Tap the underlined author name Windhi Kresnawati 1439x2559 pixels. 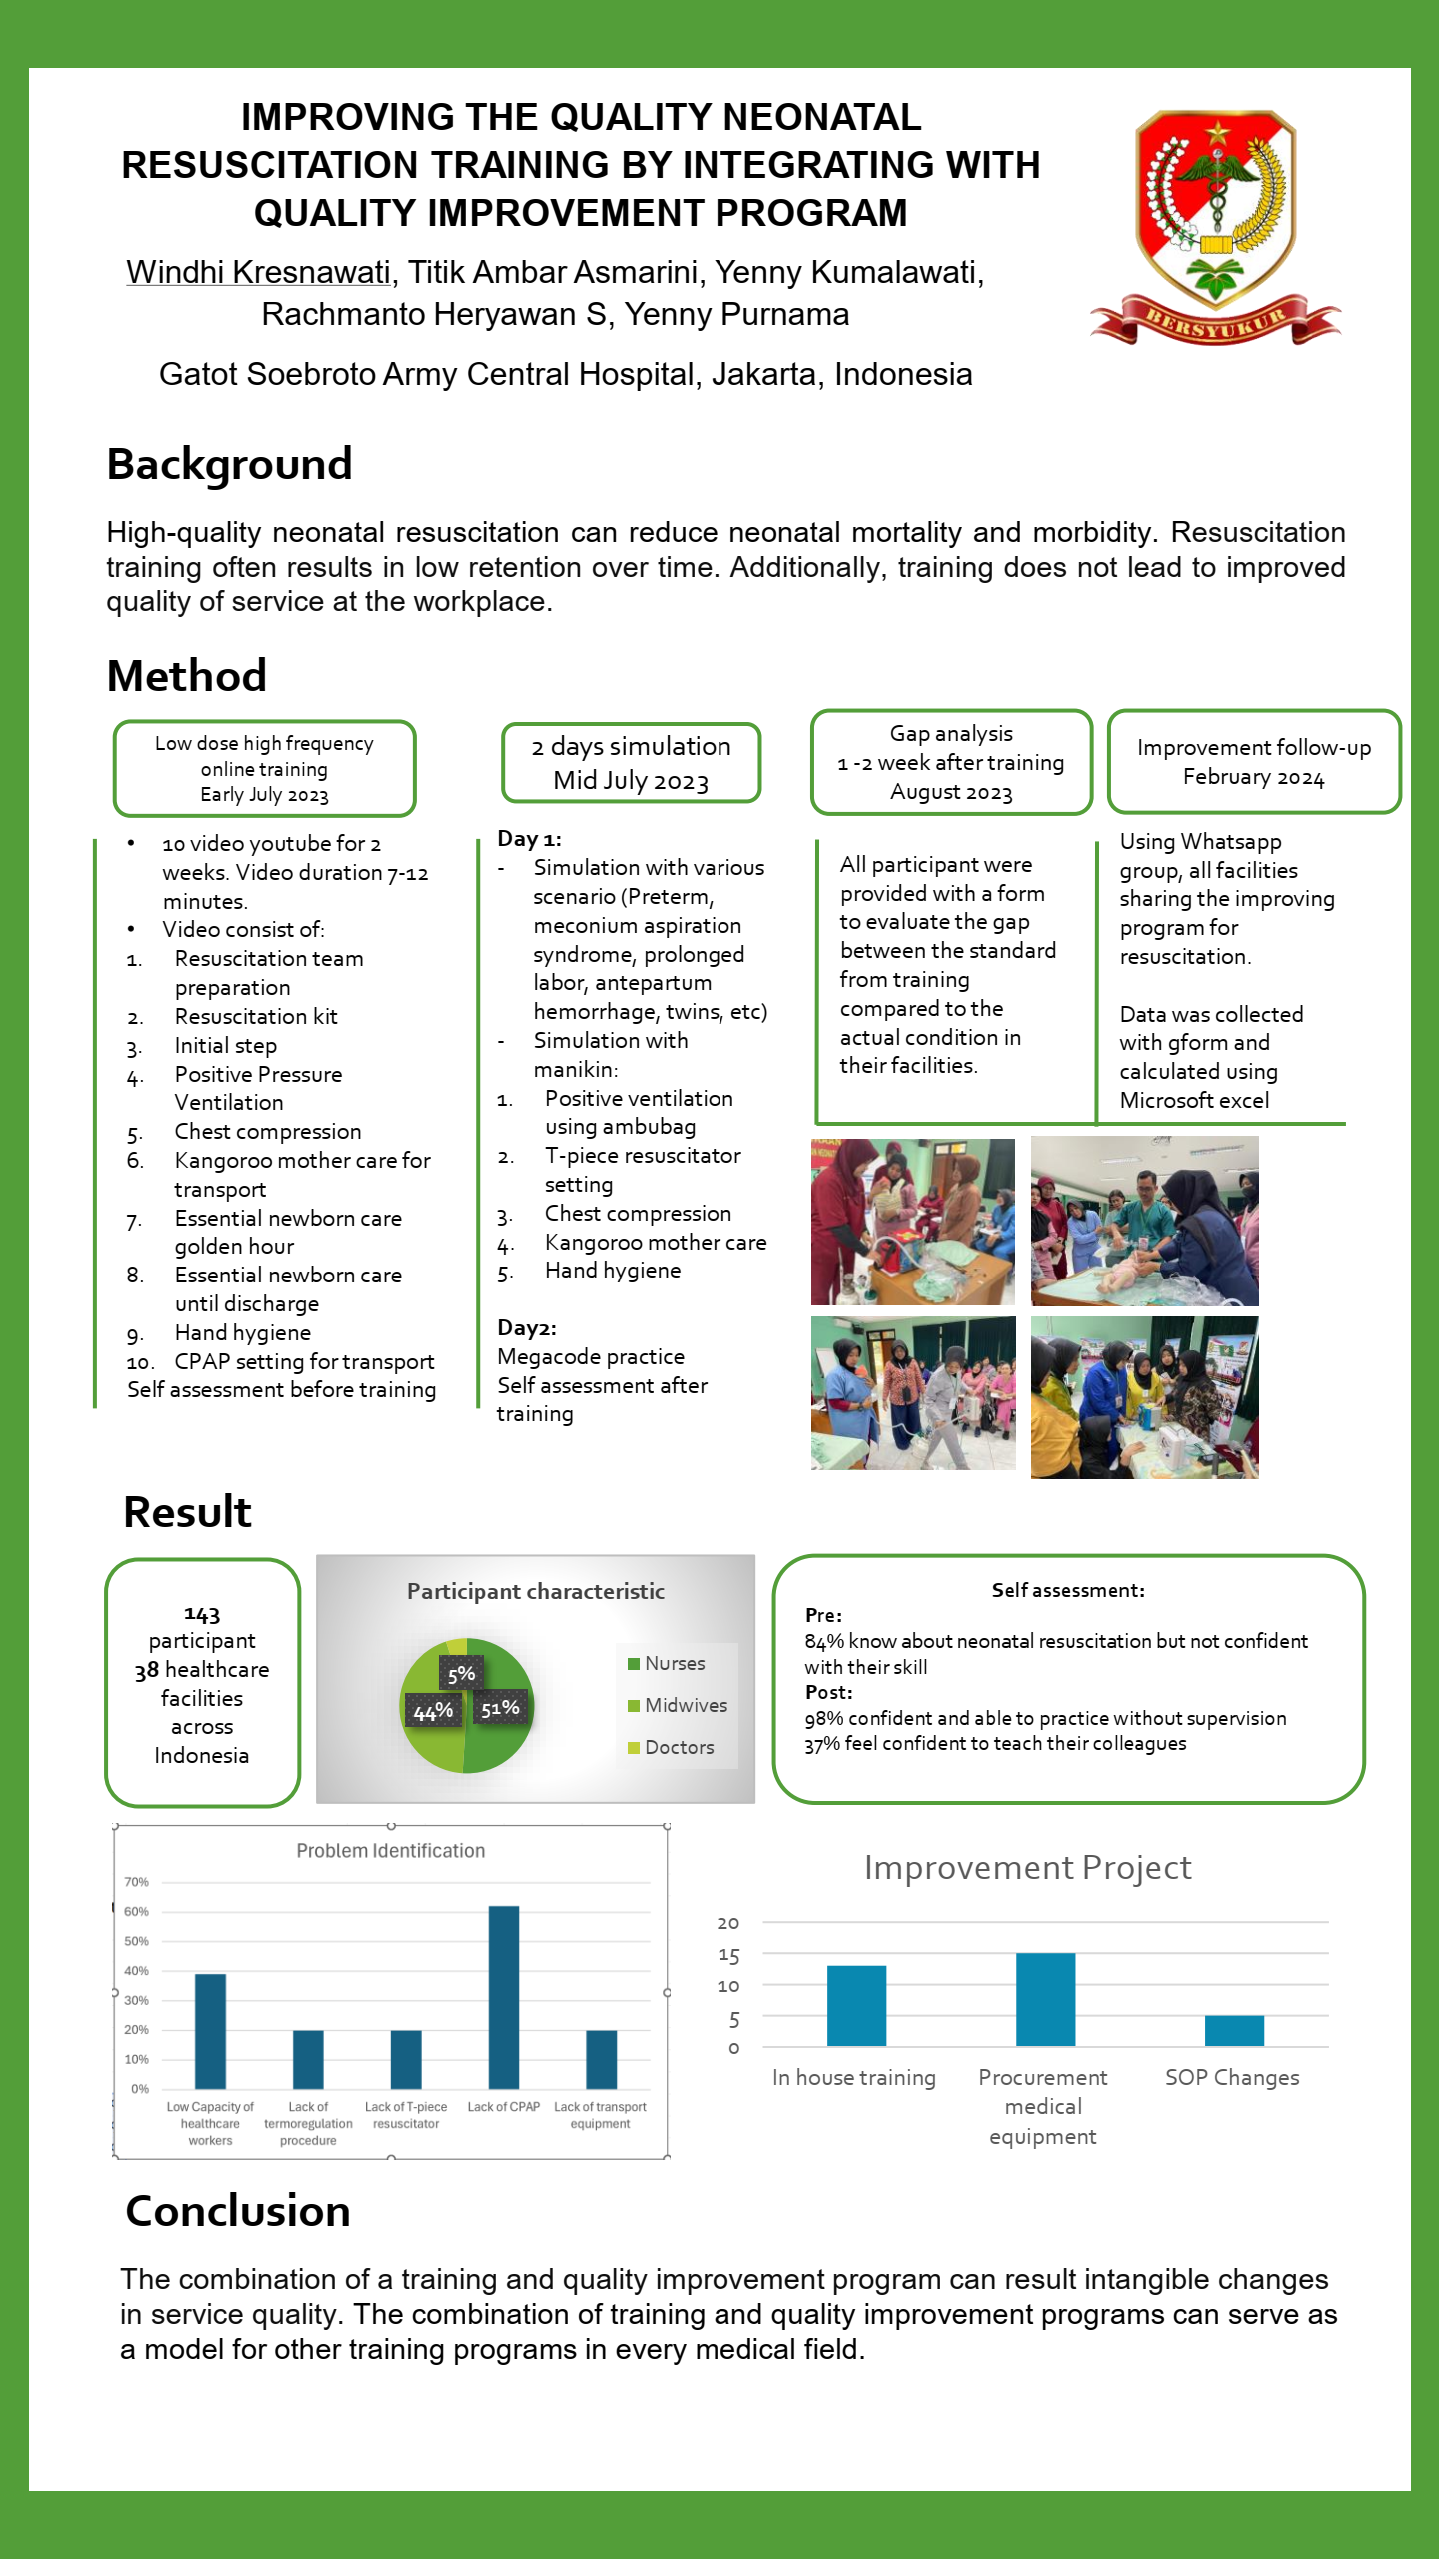(x=258, y=272)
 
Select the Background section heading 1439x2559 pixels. (x=229, y=465)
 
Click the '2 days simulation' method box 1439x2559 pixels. (x=631, y=763)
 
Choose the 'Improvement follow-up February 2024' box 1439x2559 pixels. (x=1253, y=762)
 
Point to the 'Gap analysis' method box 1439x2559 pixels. (x=951, y=762)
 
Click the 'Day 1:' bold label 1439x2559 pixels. (x=529, y=839)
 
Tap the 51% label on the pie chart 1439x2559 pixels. (x=500, y=1708)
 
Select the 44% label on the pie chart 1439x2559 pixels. (x=433, y=1712)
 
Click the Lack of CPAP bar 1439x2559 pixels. (x=504, y=1996)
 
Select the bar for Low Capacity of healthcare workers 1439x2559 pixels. (x=210, y=2030)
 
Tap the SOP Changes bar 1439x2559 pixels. (x=1234, y=2030)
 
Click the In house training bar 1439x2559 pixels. (x=856, y=2005)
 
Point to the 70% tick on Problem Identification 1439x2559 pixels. (x=136, y=1882)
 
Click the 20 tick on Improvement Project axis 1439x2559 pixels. (x=728, y=1923)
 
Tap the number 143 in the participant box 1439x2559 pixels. (x=202, y=1614)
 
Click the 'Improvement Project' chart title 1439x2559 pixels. (x=1027, y=1867)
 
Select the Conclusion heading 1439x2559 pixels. (x=238, y=2211)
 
